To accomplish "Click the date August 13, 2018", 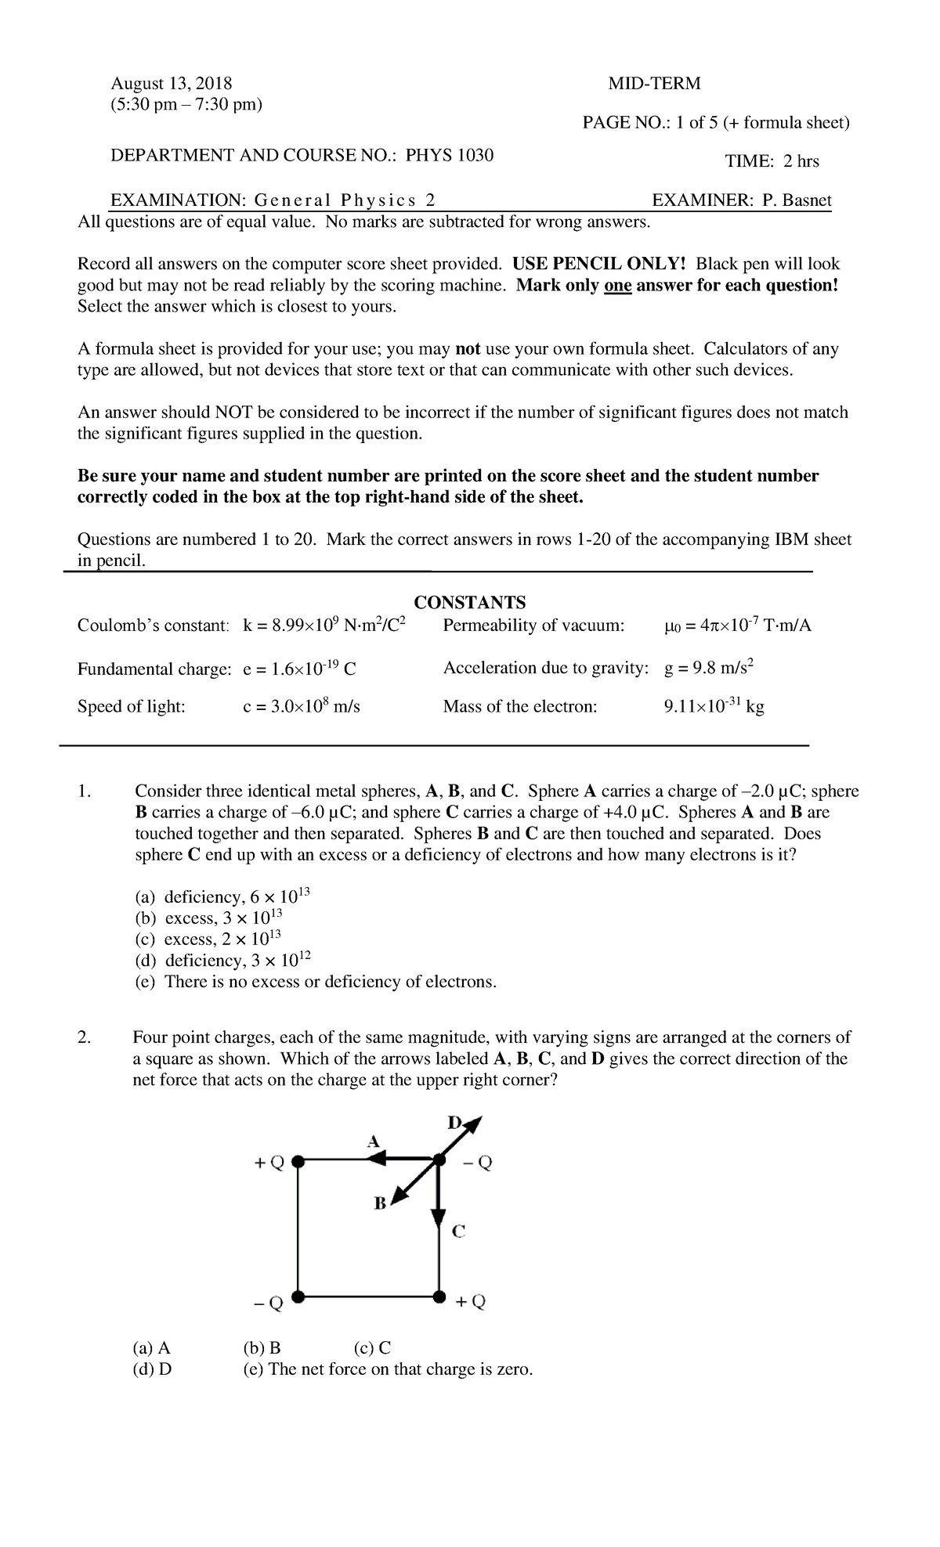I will tap(171, 83).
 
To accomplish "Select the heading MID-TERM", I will tap(653, 83).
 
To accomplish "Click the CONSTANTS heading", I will tap(469, 602).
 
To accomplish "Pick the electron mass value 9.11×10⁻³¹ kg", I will tap(713, 706).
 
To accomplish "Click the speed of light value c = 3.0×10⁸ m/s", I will tap(302, 706).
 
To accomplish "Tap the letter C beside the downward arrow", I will tap(459, 1231).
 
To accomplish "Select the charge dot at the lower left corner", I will tap(298, 1296).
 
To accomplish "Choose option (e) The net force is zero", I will tap(388, 1369).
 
